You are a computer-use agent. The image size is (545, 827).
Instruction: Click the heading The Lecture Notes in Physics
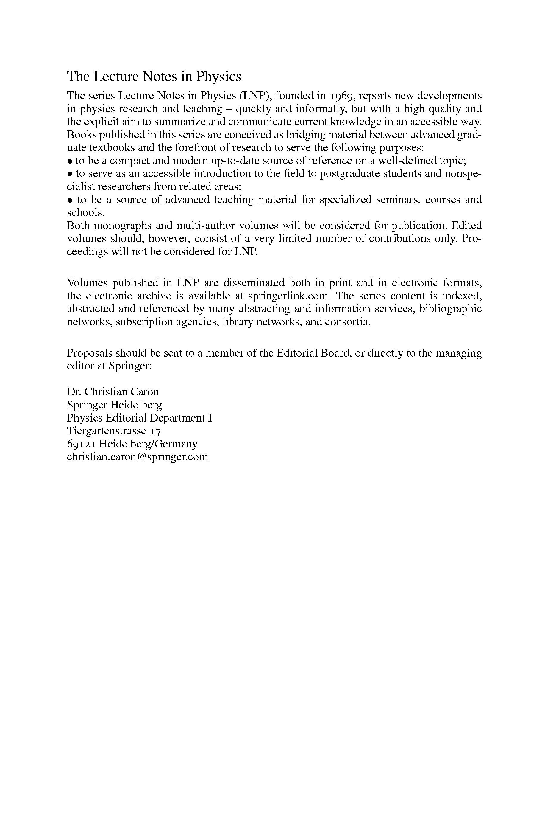(x=154, y=77)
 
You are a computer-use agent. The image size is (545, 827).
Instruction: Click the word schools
(x=85, y=213)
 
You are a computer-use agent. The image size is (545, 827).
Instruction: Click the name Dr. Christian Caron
(x=113, y=392)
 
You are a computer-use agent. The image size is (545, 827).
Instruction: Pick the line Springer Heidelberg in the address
(x=114, y=405)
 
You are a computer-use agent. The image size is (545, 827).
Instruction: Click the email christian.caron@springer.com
(x=138, y=457)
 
